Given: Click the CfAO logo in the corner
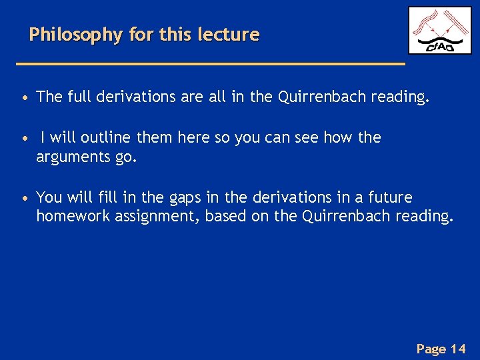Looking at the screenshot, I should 439,31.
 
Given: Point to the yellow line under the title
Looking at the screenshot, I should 210,63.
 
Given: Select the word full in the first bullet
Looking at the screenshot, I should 79,97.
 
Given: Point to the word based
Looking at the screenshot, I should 226,216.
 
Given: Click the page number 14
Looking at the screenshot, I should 458,348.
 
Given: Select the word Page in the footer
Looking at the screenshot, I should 431,348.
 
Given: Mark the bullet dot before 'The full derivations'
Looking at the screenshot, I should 24,98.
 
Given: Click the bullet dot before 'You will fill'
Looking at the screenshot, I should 24,198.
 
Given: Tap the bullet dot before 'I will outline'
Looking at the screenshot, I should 24,138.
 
